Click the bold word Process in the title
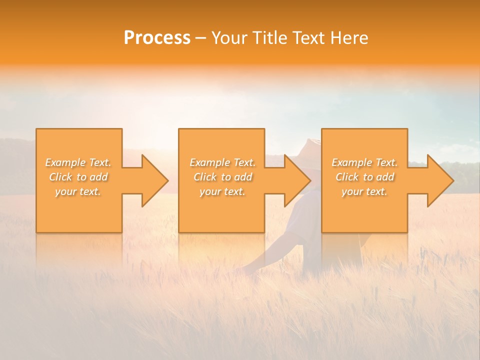157,38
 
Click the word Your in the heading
229,38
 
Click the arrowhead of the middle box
296,180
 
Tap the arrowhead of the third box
439,180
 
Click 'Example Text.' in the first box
78,162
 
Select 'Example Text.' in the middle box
222,162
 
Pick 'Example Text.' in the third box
364,162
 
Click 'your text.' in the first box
78,191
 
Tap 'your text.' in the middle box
222,191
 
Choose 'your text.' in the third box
364,191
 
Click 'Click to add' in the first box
78,177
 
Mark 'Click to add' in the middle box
222,177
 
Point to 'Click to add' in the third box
364,177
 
